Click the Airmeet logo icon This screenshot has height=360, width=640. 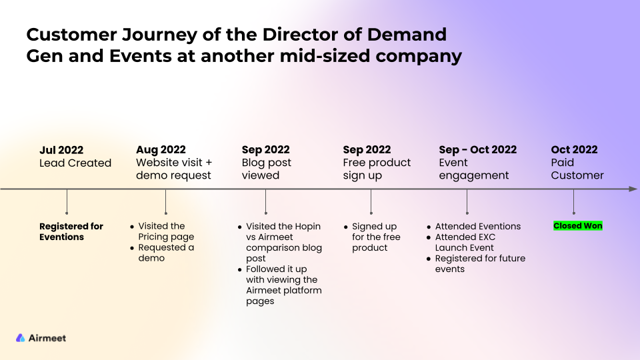[21, 338]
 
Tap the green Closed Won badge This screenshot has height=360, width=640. [577, 226]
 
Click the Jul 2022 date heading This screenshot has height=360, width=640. [61, 150]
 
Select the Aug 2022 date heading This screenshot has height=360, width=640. [161, 150]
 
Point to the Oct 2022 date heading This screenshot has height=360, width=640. [574, 150]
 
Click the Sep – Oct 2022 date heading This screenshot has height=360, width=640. [477, 150]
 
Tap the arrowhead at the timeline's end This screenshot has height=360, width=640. [633, 189]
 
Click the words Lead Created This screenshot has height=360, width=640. [75, 163]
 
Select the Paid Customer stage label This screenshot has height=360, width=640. [577, 169]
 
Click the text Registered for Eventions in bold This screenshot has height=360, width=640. [71, 231]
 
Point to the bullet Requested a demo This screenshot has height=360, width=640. [166, 253]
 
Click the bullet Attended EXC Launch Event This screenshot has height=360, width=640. [465, 243]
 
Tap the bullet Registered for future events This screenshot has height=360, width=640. [480, 264]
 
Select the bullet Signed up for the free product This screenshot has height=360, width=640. [376, 237]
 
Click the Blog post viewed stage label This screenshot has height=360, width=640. [266, 169]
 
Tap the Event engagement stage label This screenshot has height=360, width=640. [473, 169]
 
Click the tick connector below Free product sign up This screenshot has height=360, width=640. [371, 201]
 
